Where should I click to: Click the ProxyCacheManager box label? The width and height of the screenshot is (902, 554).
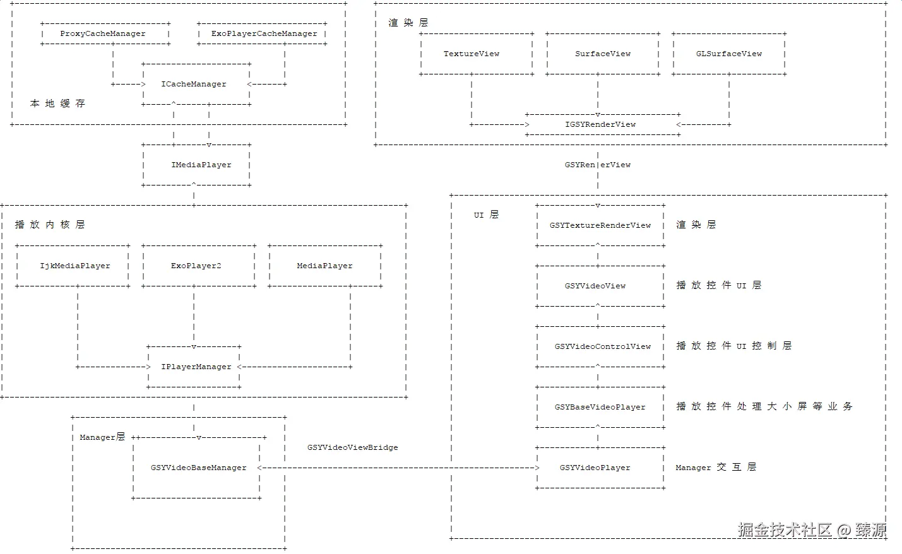click(103, 34)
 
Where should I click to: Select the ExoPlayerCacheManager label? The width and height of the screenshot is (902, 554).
click(264, 34)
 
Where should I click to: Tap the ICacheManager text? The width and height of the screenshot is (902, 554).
click(194, 84)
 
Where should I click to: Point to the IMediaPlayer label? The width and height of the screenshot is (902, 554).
click(201, 165)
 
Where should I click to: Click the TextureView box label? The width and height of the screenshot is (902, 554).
click(472, 54)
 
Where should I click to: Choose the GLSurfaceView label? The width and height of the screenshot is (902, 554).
click(729, 54)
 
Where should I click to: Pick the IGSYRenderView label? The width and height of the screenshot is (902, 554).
click(600, 125)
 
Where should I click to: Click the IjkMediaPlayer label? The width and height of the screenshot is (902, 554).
click(75, 266)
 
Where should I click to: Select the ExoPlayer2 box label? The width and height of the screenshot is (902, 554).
click(196, 266)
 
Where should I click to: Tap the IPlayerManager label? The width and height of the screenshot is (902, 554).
click(196, 367)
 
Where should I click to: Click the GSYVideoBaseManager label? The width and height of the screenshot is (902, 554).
click(199, 468)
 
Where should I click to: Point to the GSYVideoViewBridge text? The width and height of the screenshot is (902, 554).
click(352, 448)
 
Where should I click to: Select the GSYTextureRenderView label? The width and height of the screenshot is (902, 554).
click(600, 225)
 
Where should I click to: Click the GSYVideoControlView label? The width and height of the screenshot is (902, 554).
click(602, 346)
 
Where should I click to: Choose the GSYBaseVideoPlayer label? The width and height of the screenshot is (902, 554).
click(600, 407)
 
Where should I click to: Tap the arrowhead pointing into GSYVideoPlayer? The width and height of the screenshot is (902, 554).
click(537, 468)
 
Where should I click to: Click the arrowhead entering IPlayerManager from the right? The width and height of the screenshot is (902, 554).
click(240, 367)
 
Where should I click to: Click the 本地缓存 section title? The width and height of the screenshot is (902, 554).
click(57, 104)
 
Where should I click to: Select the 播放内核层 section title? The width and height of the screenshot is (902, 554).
click(50, 225)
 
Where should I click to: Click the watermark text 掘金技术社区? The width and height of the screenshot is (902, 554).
click(785, 530)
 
